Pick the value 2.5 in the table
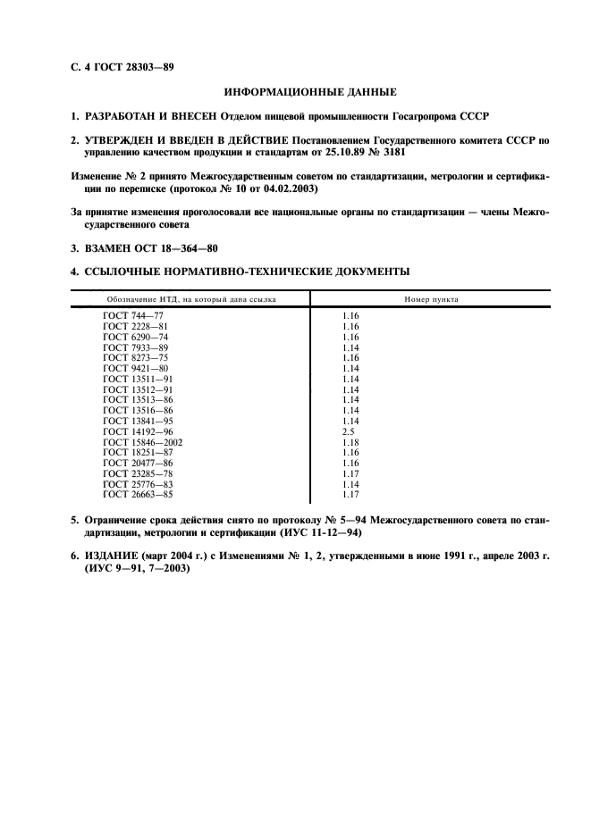[349, 431]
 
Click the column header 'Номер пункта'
[431, 299]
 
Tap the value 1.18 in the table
[350, 442]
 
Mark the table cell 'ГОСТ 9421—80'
[135, 368]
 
